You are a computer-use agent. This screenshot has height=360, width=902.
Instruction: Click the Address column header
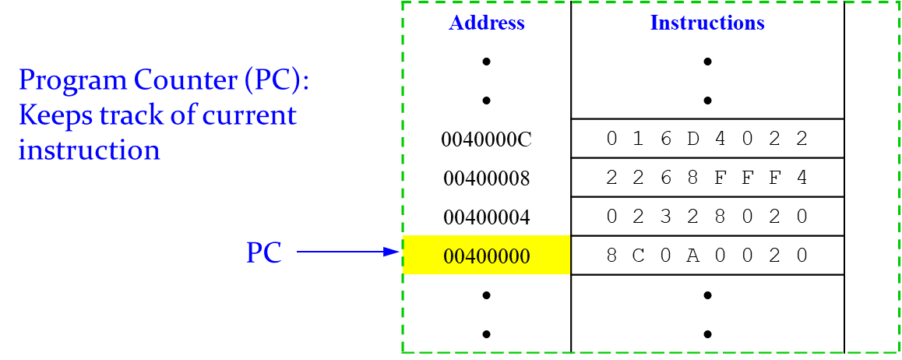487,23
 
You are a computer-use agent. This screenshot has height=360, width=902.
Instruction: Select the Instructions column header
707,23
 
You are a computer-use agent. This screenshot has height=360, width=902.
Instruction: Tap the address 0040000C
486,139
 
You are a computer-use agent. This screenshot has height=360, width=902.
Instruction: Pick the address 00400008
486,178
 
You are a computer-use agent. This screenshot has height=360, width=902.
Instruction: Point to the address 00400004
486,217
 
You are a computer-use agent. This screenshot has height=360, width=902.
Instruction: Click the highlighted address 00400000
486,256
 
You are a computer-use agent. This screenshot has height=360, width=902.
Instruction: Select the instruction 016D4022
707,139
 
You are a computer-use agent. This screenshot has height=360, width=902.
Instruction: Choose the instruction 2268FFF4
707,178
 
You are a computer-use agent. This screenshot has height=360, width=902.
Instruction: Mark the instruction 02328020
707,217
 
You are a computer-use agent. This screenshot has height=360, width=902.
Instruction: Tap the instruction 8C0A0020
707,256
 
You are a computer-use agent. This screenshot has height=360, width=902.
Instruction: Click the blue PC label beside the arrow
264,253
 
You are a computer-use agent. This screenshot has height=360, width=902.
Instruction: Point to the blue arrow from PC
347,252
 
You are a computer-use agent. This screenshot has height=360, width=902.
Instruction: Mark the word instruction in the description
89,150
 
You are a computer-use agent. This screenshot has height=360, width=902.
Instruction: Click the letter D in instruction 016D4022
693,139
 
